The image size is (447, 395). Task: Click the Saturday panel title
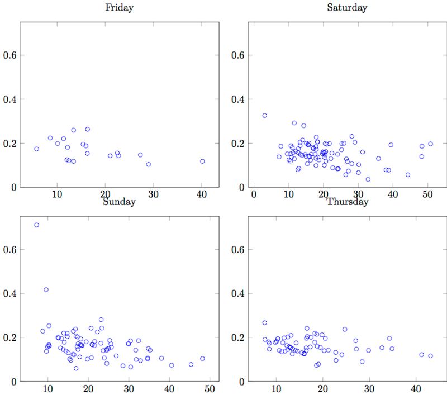click(x=347, y=8)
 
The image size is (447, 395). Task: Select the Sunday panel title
click(x=119, y=202)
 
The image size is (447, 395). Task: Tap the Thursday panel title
click(x=347, y=202)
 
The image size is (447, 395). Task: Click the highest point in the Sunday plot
click(x=37, y=225)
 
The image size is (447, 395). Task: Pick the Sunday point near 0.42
click(x=46, y=289)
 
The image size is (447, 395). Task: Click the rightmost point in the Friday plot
click(x=202, y=161)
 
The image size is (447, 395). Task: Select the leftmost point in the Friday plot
click(x=37, y=149)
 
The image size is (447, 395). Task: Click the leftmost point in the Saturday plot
click(x=265, y=116)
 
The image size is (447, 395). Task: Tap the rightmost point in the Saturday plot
click(x=430, y=144)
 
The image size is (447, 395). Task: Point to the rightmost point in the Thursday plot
click(x=430, y=356)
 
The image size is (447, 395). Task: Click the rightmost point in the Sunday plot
click(x=202, y=359)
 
